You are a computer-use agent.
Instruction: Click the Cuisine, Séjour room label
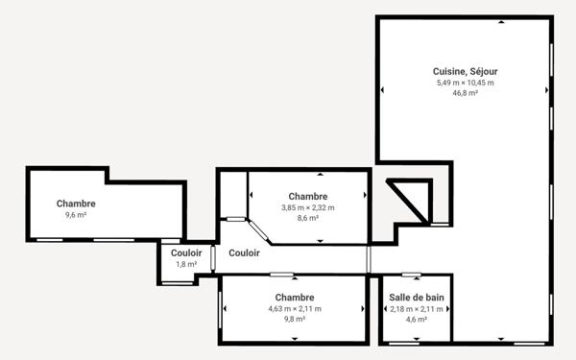465,72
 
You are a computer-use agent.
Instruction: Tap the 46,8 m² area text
465,93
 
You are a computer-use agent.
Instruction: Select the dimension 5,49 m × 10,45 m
465,83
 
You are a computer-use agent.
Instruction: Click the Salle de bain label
417,298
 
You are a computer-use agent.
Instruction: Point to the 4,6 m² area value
417,320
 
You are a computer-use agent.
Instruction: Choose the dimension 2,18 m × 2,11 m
417,309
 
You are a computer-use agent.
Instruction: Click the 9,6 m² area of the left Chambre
76,215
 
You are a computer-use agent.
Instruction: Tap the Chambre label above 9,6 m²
76,204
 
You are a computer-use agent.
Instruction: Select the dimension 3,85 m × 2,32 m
308,207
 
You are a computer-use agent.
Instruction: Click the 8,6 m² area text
308,218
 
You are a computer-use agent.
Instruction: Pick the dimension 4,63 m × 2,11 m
295,309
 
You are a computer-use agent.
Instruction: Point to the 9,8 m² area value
295,320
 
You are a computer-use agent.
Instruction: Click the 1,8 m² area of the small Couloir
186,264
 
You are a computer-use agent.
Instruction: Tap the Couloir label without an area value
244,253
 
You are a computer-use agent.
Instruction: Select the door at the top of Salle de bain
412,275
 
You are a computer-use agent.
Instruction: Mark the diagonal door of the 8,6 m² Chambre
258,230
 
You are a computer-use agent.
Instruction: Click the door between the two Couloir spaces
213,258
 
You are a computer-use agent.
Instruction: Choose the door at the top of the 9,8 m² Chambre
281,275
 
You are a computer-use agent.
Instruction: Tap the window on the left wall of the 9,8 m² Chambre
220,310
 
